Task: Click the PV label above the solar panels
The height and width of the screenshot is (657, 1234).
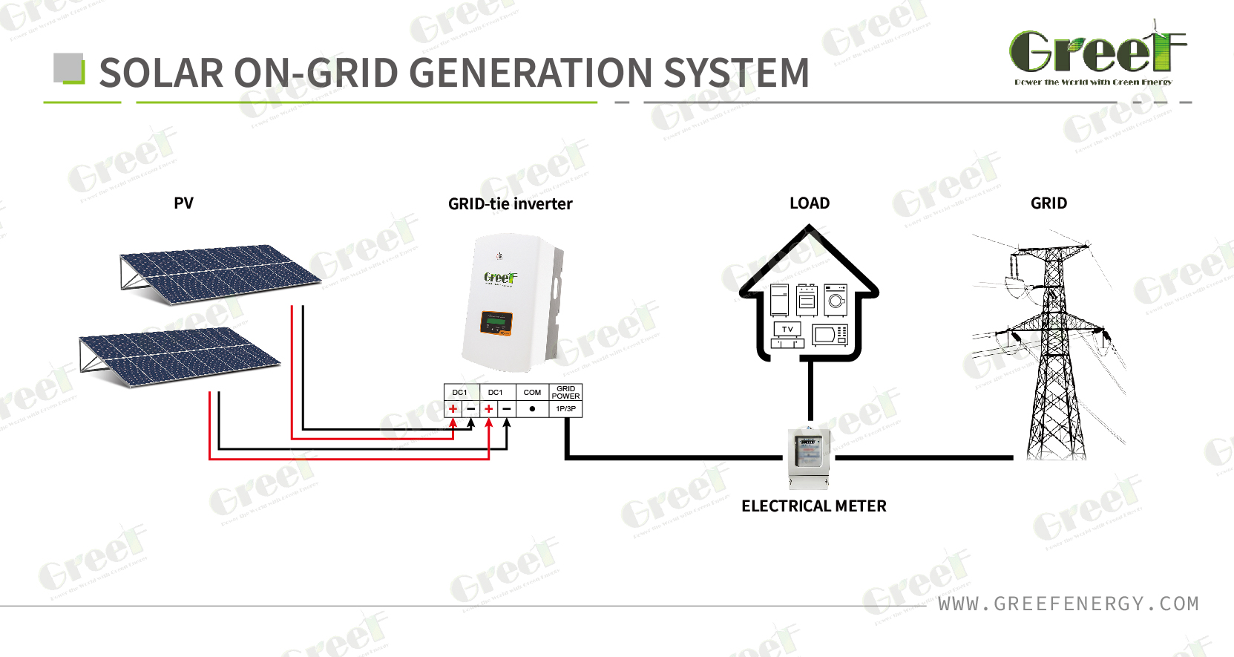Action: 183,203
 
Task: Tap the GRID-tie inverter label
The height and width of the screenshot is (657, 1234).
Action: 510,204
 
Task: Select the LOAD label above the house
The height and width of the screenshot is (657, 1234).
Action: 809,203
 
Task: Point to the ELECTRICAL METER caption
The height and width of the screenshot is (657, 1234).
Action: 813,506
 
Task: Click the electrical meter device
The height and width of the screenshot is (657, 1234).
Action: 809,457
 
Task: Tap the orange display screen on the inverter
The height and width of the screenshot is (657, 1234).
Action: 496,322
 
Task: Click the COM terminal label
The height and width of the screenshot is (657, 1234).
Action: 532,393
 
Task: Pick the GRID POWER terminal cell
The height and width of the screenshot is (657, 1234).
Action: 565,392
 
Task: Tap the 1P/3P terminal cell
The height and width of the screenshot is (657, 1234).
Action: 565,409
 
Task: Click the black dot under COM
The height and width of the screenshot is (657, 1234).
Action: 532,409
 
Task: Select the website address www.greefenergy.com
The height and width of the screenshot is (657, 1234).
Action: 1068,604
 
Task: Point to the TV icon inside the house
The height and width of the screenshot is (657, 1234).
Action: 787,329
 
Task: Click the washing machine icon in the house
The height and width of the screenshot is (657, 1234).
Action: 836,300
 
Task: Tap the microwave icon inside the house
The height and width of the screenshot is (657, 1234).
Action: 830,336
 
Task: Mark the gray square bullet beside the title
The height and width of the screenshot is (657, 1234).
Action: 68,68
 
